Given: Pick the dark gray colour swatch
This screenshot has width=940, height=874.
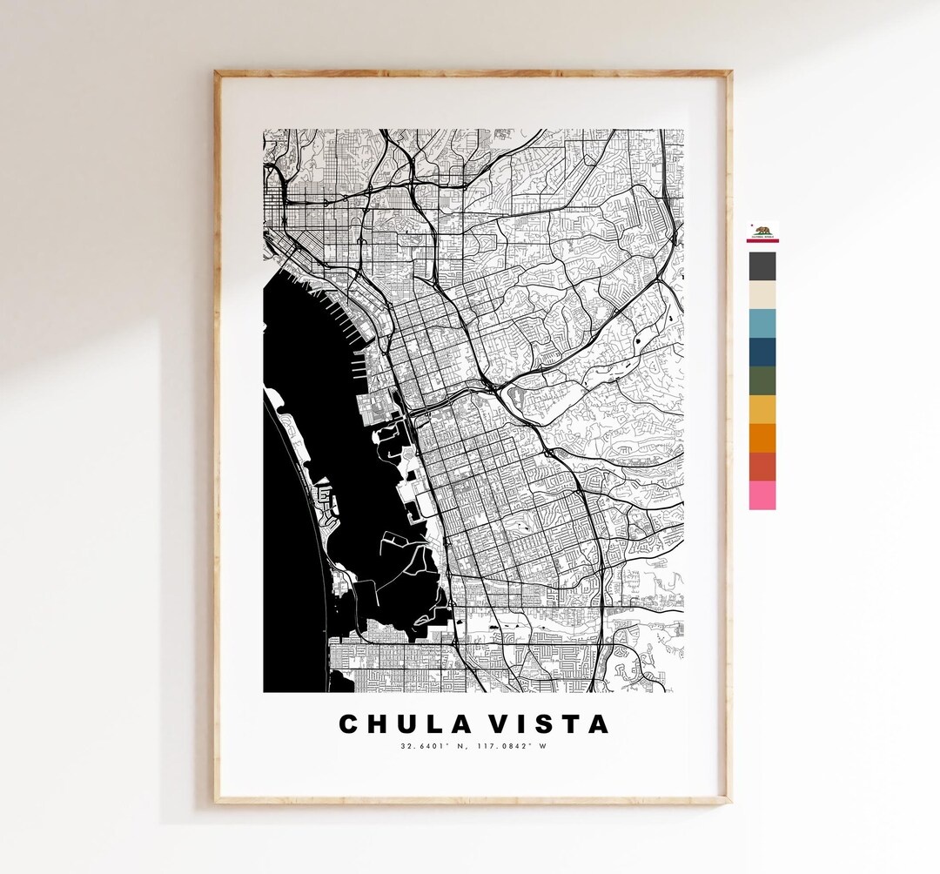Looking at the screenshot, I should click(x=762, y=266).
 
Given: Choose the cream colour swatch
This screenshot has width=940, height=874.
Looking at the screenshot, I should click(x=762, y=295).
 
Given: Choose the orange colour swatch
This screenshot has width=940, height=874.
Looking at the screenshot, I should click(x=762, y=438).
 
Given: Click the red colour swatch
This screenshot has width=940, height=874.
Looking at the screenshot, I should click(x=762, y=467).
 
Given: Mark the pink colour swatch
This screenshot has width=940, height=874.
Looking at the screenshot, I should click(x=762, y=495).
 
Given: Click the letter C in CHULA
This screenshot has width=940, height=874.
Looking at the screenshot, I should click(x=349, y=724).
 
